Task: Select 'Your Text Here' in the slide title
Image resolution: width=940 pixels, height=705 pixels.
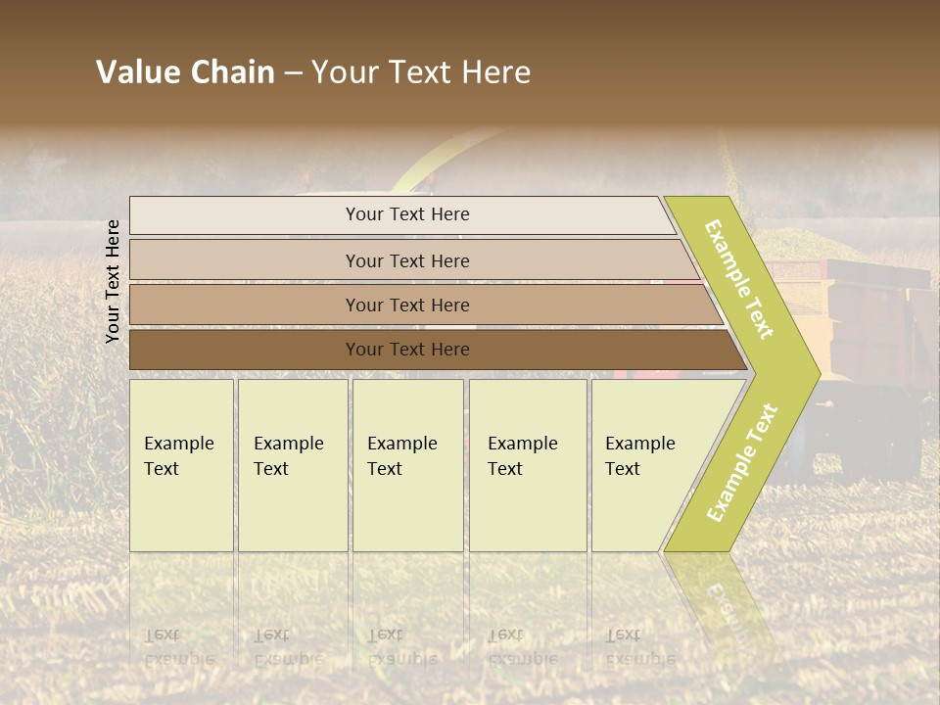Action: pos(421,72)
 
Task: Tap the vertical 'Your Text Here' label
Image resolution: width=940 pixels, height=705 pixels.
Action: pos(113,281)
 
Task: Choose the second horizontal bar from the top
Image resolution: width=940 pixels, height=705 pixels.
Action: pos(406,260)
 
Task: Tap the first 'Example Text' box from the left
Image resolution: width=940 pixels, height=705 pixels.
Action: pos(181,465)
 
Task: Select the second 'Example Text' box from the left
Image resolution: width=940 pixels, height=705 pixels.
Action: pos(292,465)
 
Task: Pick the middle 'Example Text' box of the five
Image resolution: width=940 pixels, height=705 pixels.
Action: pos(407,465)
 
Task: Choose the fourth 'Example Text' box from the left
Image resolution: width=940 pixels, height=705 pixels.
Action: pos(527,465)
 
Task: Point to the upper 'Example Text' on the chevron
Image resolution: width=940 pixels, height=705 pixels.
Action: pos(739,280)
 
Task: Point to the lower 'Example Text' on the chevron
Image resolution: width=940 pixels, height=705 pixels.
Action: pos(742,462)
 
